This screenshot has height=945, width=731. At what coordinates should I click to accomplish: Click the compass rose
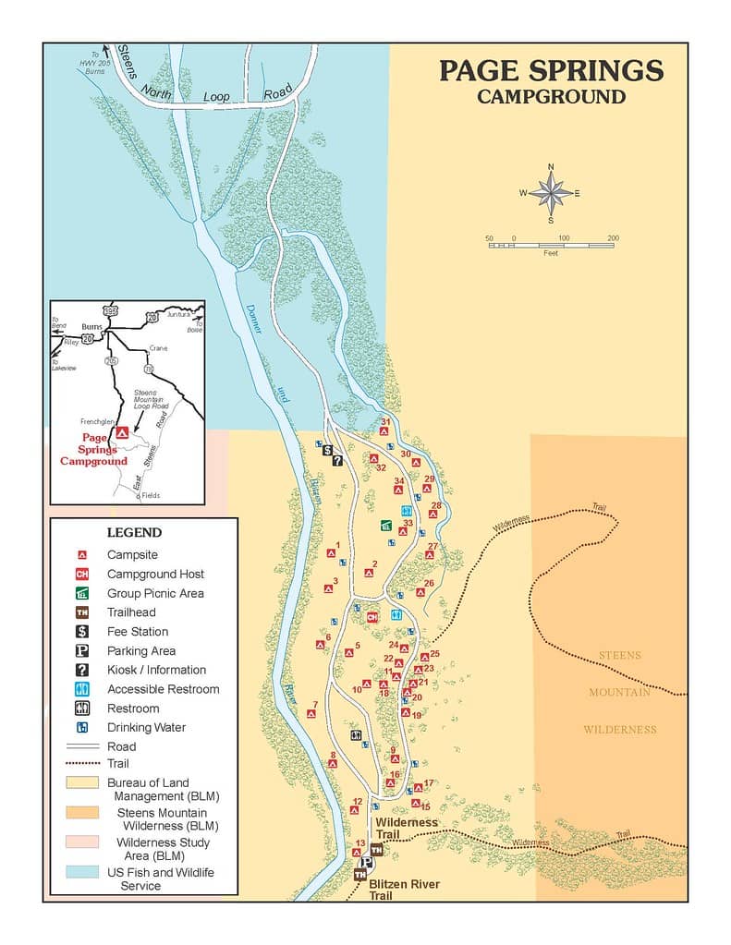[551, 193]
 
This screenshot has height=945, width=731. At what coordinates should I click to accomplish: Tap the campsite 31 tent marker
[384, 431]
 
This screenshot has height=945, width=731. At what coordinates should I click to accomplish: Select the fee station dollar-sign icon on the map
[327, 450]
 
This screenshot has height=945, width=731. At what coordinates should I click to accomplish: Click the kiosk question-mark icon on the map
[338, 461]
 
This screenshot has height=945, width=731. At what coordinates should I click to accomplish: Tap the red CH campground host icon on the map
[373, 616]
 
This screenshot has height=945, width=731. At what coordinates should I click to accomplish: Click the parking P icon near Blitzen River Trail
[366, 862]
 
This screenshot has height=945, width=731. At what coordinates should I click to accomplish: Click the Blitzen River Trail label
[404, 890]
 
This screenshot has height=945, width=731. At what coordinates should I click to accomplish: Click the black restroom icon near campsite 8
[357, 734]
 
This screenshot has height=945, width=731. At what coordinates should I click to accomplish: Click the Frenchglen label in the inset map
[96, 420]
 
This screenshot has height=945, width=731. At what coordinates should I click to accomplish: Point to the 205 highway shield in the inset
[112, 360]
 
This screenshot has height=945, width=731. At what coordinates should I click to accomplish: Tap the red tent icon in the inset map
[121, 432]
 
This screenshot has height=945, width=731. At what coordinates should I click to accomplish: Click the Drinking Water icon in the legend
[82, 727]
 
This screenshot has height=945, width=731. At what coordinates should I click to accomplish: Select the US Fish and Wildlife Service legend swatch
[82, 872]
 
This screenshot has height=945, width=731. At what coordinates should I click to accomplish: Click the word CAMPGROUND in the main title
[551, 97]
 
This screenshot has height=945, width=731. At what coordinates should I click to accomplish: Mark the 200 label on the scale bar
[613, 238]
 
